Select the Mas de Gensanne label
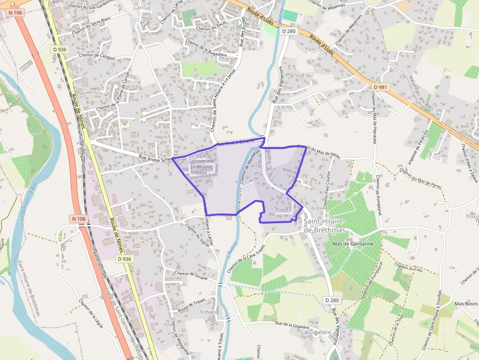[x=352, y=244]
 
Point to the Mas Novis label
[x=466, y=303]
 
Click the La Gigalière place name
[x=316, y=332]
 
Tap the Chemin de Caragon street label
[x=97, y=58]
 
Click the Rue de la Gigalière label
[x=292, y=324]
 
